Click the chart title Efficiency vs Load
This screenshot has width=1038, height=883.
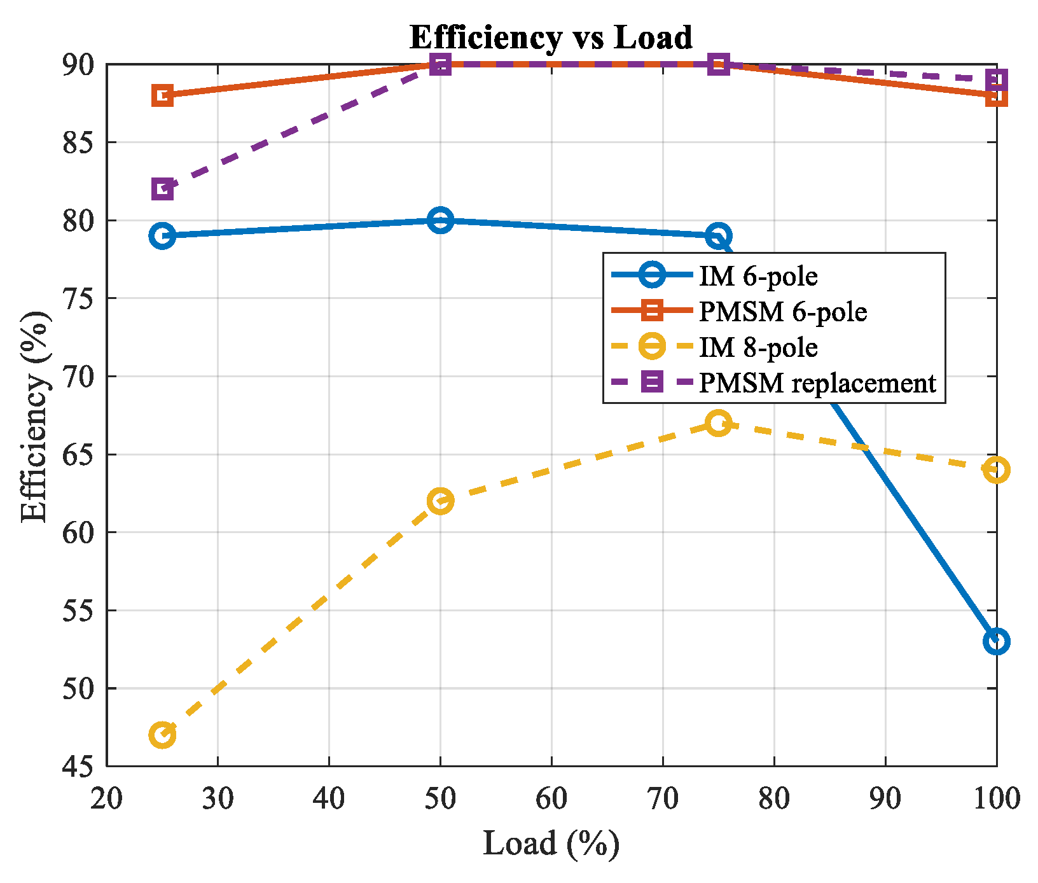click(551, 37)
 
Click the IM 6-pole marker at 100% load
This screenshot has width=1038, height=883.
click(996, 641)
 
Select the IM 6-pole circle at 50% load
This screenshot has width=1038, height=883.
click(440, 220)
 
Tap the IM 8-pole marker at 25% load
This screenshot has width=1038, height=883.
click(162, 735)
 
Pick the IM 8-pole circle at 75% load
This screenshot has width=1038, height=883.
click(718, 423)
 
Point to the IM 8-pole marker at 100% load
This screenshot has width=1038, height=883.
click(996, 470)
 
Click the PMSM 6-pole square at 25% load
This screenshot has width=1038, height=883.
click(162, 95)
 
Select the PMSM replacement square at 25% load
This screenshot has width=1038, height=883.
click(162, 189)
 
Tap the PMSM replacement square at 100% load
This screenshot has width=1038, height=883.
click(996, 80)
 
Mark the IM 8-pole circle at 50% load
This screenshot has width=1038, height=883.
click(440, 501)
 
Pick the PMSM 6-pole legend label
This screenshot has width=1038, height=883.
click(783, 312)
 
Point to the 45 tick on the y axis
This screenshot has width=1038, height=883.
click(78, 767)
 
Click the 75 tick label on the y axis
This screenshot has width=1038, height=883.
click(78, 298)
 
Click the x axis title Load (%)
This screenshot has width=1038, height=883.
click(551, 844)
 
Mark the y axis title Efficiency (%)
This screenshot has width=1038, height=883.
click(36, 417)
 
